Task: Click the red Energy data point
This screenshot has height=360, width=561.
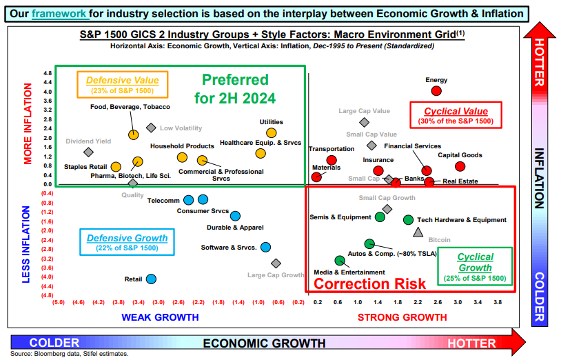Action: pos(436,91)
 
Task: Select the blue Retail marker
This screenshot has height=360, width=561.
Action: pos(152,279)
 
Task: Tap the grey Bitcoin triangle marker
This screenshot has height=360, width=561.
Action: pos(418,232)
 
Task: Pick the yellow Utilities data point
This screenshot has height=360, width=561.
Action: pos(272,133)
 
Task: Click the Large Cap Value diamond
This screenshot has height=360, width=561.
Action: pos(364,122)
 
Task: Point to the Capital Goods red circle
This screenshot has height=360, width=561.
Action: pos(460,166)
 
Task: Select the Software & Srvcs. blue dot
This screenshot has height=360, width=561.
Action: pos(265,247)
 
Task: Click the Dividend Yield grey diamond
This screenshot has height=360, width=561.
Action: pos(88,152)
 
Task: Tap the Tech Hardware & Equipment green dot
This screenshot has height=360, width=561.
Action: pos(408,220)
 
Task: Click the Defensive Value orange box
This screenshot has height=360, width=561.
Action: pos(123,85)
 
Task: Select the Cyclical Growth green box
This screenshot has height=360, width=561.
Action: pos(475,267)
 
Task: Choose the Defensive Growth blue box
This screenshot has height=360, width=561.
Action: pos(127,242)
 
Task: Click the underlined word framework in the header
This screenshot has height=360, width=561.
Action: pos(59,14)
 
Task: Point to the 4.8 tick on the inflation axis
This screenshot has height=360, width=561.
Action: pos(48,73)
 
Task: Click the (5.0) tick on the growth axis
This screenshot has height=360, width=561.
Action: pos(59,302)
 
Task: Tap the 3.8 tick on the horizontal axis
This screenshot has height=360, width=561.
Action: pos(498,302)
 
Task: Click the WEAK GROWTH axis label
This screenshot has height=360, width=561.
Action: pos(160,317)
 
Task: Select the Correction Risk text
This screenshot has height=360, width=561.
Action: pos(369,283)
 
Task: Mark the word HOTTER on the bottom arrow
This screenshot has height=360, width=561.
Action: pos(471,343)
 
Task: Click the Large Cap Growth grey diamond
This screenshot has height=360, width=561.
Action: pos(276,263)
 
